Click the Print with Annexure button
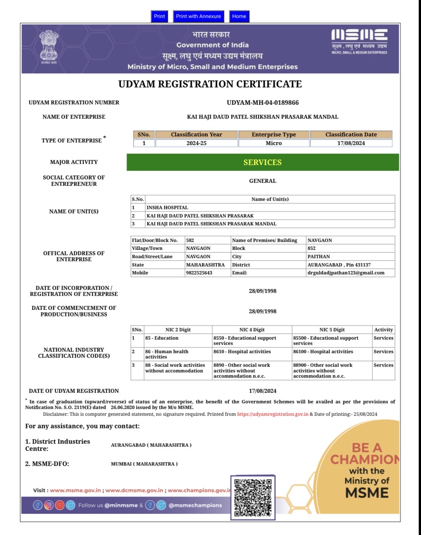(198, 16)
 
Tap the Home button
(239, 16)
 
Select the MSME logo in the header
(359, 41)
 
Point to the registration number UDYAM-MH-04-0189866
(263, 103)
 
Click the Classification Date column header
(351, 135)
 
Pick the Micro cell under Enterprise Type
(273, 143)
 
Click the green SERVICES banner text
(263, 162)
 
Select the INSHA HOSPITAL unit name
(167, 207)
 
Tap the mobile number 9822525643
(199, 273)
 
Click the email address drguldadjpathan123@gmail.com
(346, 273)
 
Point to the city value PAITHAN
(318, 257)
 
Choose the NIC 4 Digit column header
(252, 330)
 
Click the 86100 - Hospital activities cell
(323, 352)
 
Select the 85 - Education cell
(162, 338)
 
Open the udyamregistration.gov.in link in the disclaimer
(272, 414)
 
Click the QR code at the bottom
(253, 497)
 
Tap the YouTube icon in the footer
(60, 505)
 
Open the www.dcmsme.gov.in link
(134, 490)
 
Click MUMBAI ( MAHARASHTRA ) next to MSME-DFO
(144, 464)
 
